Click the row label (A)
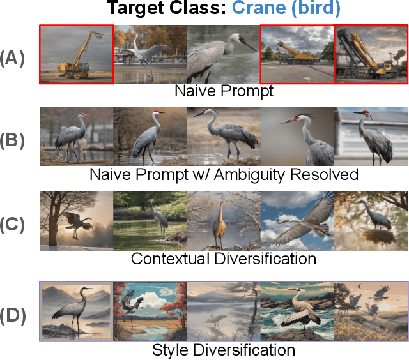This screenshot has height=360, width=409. coord(12,58)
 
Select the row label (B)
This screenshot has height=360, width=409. coord(12,139)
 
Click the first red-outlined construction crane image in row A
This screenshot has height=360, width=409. coord(76,54)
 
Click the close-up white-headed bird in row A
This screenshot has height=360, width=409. coord(224,54)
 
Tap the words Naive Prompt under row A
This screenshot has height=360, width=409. coord(224,91)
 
